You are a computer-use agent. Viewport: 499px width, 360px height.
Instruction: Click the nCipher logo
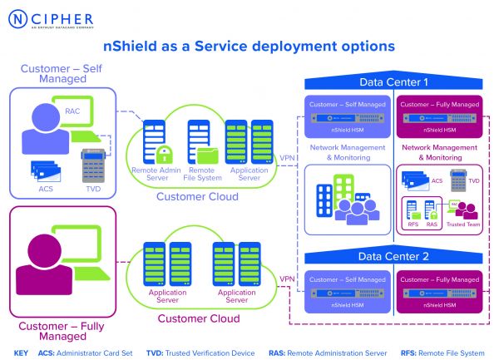[x=52, y=18]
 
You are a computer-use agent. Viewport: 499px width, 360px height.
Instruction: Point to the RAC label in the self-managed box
[x=73, y=108]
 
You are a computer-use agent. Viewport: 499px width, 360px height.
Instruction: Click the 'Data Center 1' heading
[x=393, y=83]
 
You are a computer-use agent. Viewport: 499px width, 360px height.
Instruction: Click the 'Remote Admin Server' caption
[x=156, y=173]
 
